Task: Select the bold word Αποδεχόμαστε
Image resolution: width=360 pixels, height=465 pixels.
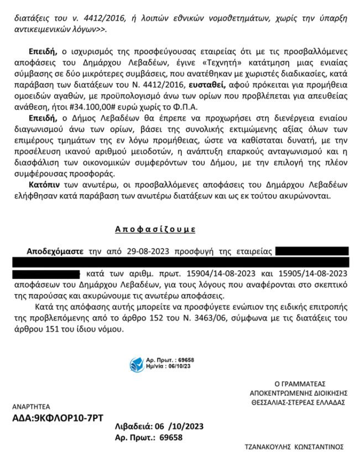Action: (54, 251)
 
